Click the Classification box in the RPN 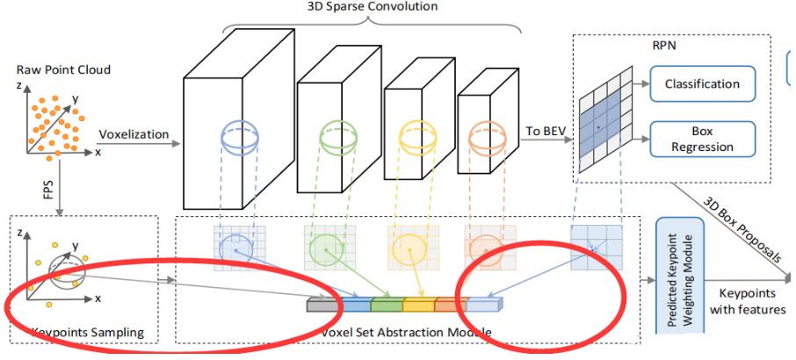(702, 84)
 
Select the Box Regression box (702, 138)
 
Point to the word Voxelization (133, 135)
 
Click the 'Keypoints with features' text (747, 300)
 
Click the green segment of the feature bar (386, 306)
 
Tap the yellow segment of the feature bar (417, 306)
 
